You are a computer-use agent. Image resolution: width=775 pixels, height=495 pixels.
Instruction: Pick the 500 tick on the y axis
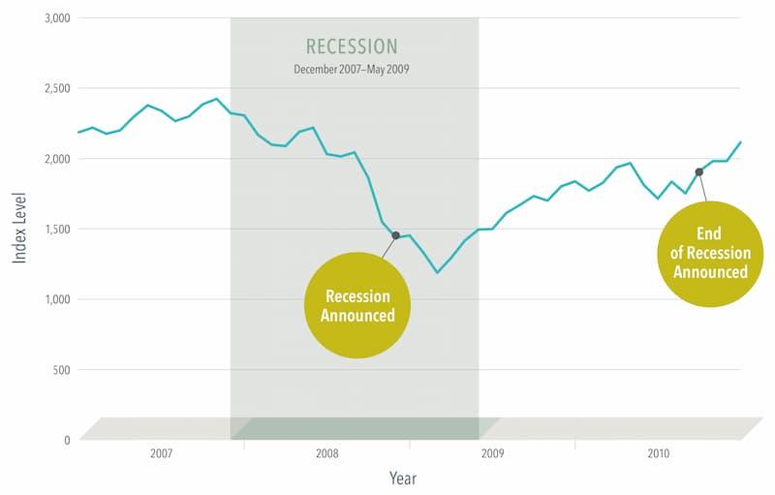[61, 370]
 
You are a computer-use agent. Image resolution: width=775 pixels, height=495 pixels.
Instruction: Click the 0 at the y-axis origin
[66, 440]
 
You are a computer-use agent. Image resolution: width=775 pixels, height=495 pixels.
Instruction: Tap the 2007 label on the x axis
[162, 453]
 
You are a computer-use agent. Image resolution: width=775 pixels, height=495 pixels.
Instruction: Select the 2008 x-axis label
[327, 453]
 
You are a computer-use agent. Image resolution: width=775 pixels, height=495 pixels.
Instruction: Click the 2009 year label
[493, 453]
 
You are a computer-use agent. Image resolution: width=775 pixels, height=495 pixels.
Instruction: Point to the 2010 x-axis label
[658, 453]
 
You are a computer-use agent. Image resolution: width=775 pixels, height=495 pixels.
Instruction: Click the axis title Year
[403, 478]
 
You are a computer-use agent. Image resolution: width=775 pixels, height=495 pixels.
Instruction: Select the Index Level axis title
[19, 229]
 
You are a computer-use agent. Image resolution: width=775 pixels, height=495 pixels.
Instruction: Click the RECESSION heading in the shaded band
[352, 46]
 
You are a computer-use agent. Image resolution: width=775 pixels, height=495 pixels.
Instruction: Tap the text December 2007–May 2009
[352, 70]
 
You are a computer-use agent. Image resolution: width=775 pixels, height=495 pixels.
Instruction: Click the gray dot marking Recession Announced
[395, 235]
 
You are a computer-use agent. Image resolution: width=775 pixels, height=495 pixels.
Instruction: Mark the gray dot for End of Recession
[698, 171]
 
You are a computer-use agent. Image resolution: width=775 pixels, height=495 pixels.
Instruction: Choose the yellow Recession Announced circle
[358, 305]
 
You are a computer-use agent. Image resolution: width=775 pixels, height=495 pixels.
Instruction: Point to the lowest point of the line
[437, 272]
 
